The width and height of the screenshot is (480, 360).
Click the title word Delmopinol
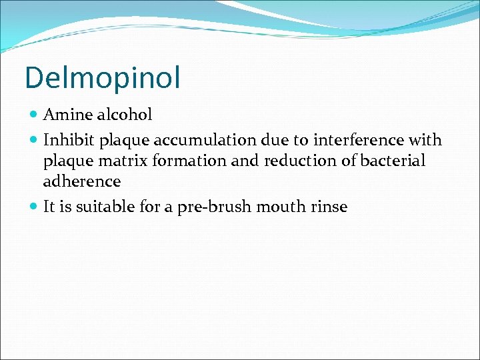coord(102,77)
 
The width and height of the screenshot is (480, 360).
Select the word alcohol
coord(124,115)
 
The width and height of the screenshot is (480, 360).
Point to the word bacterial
coord(393,161)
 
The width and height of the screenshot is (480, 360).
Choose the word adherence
coord(82,181)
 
